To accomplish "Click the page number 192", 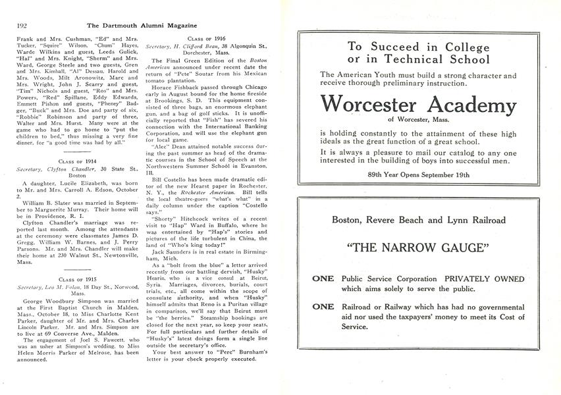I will point(22,26).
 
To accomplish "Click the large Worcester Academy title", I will point(419,105).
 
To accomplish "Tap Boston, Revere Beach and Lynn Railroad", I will point(419,220).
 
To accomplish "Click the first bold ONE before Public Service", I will point(323,278).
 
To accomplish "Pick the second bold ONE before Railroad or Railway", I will point(323,306).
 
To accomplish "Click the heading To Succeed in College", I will point(419,47).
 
